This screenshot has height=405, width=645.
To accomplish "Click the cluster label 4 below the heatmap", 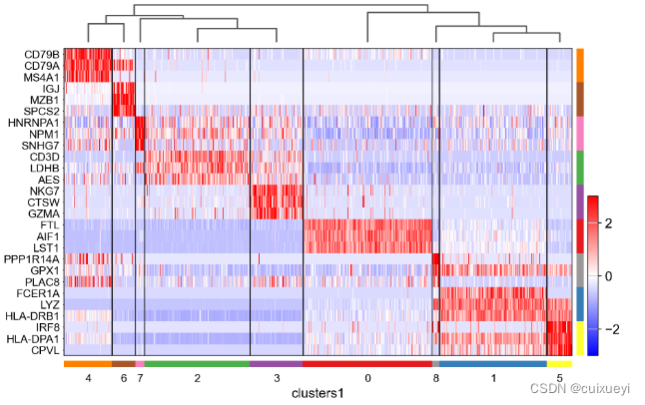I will [x=88, y=379].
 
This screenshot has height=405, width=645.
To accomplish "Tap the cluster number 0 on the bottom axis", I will [x=367, y=379].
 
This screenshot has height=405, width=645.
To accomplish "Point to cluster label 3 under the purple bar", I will [x=277, y=379].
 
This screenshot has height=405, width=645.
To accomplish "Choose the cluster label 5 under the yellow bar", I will [x=560, y=379].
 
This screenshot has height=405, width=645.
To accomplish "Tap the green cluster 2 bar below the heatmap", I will [x=198, y=364].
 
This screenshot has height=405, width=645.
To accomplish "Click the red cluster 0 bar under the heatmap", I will [x=367, y=364].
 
